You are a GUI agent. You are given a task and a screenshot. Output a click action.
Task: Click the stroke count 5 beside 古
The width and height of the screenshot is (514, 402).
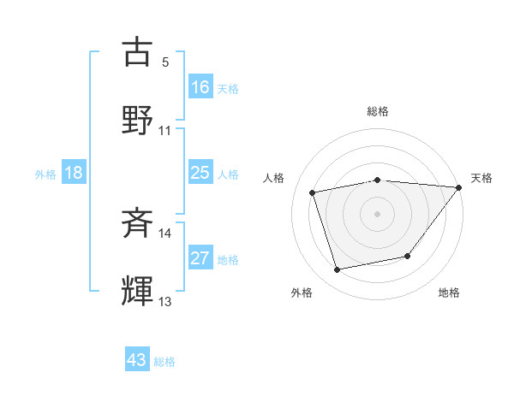pyautogui.click(x=165, y=62)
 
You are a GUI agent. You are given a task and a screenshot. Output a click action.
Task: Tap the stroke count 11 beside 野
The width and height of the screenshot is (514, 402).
pyautogui.click(x=165, y=131)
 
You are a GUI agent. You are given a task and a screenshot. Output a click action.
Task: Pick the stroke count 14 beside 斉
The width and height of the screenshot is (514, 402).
pyautogui.click(x=165, y=234)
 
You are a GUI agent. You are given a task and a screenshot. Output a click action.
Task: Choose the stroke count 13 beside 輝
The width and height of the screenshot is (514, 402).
pyautogui.click(x=165, y=302)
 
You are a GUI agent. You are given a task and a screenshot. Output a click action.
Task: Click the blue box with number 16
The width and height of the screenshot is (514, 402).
pyautogui.click(x=200, y=86)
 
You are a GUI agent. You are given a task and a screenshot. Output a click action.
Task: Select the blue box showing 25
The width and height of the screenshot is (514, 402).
pyautogui.click(x=200, y=173)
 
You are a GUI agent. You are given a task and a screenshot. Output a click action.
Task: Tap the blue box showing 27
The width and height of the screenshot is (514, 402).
pyautogui.click(x=200, y=258)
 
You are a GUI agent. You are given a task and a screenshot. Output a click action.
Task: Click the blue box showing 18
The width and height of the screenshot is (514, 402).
pyautogui.click(x=74, y=173)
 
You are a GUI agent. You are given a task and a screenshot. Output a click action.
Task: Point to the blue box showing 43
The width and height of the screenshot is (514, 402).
pyautogui.click(x=137, y=360)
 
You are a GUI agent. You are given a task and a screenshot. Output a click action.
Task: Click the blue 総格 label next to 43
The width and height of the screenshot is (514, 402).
pyautogui.click(x=165, y=362)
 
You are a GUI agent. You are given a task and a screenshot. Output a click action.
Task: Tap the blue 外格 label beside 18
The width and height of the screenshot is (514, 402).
pyautogui.click(x=45, y=174)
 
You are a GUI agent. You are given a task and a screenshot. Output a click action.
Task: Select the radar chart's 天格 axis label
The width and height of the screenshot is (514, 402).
pyautogui.click(x=481, y=178)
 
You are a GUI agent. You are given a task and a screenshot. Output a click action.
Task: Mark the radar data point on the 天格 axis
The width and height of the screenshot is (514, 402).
pyautogui.click(x=458, y=187)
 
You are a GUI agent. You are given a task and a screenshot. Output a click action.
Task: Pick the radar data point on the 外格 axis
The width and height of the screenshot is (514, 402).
pyautogui.click(x=337, y=270)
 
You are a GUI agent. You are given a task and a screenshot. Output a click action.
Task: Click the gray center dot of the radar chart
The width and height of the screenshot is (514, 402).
pyautogui.click(x=377, y=213)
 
